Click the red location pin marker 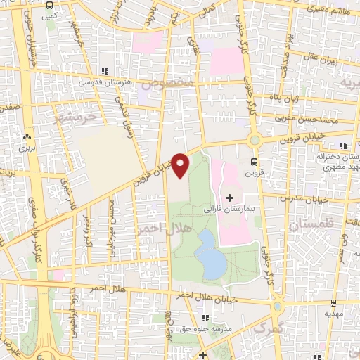180,165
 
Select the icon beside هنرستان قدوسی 105,72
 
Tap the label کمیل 49,14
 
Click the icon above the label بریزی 27,138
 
